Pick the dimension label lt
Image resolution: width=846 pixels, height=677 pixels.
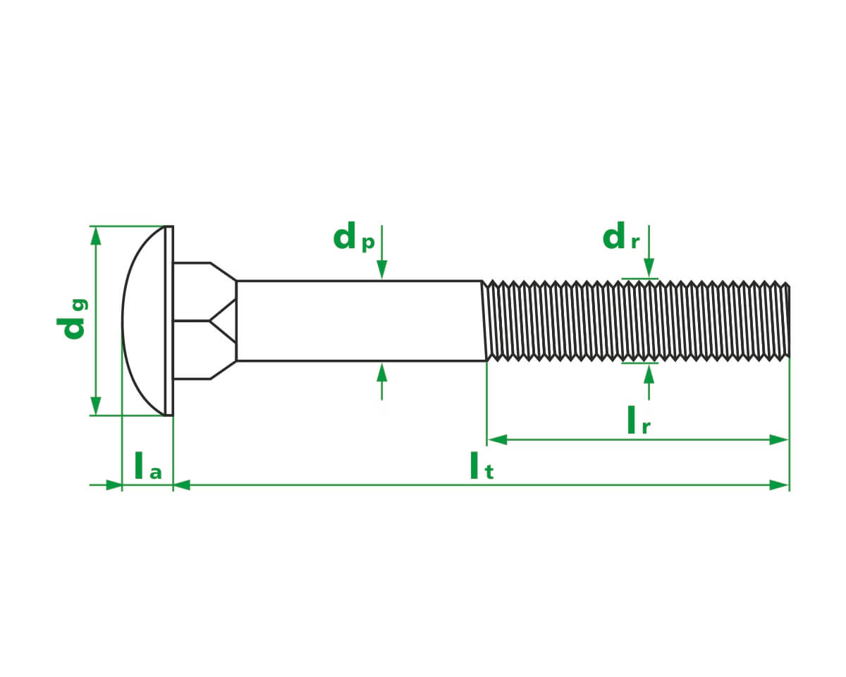[482, 466]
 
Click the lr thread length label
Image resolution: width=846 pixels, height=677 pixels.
[638, 421]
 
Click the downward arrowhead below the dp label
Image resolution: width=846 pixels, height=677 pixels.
[381, 270]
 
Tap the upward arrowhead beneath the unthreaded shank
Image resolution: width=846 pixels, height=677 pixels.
[381, 371]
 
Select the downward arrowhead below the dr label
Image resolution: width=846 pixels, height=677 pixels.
[649, 269]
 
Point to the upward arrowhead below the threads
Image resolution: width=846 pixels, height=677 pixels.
[649, 372]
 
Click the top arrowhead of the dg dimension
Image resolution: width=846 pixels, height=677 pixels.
[96, 236]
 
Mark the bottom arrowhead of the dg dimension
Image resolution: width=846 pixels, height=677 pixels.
[96, 406]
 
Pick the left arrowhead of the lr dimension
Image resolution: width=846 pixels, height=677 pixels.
[497, 439]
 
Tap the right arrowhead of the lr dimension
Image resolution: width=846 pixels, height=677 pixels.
[779, 439]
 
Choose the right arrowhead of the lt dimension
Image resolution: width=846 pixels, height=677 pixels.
[779, 484]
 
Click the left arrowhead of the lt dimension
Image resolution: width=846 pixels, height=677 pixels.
[182, 484]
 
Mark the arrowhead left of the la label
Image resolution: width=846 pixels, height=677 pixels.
[113, 484]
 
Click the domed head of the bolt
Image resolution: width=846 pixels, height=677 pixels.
[145, 321]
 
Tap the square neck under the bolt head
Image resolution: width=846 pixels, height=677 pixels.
[201, 321]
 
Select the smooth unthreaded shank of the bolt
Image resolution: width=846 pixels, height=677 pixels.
[360, 321]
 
